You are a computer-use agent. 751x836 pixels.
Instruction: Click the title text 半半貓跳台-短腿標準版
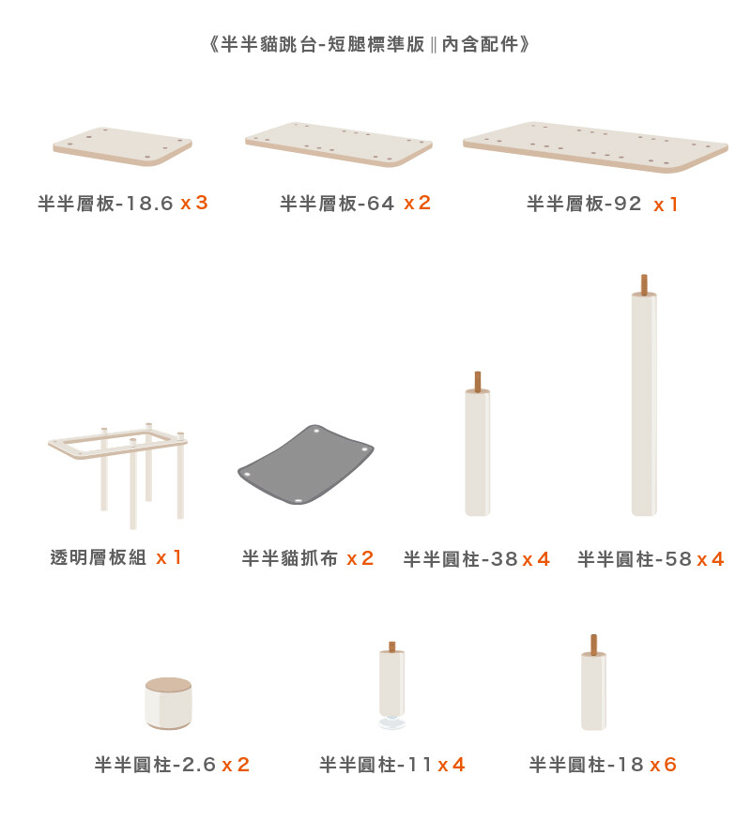point(323,44)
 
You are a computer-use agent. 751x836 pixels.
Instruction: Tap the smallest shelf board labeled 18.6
point(123,146)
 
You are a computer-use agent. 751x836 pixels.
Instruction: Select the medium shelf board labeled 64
point(339,144)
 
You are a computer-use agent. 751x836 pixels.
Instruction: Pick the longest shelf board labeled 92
point(595,146)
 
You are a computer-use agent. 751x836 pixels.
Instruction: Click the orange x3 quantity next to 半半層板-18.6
point(194,203)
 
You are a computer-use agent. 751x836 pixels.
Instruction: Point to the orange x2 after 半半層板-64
point(417,203)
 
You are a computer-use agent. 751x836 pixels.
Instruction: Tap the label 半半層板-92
point(584,203)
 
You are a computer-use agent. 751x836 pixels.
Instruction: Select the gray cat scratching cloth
point(306,465)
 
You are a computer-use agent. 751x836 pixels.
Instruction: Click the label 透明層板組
point(99,557)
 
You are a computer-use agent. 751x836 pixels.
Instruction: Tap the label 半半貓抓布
point(290,558)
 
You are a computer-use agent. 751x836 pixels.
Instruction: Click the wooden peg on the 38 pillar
point(478,381)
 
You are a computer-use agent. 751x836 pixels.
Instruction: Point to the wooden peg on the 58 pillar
point(644,284)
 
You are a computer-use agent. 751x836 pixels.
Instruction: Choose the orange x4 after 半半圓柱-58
point(711,559)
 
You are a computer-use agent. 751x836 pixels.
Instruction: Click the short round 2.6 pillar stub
point(168,704)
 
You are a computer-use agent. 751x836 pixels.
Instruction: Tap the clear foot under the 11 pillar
point(392,722)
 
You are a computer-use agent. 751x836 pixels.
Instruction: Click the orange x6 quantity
point(663,765)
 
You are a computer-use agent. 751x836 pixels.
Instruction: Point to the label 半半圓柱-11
point(375,765)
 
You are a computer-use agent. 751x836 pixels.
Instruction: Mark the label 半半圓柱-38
point(460,559)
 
